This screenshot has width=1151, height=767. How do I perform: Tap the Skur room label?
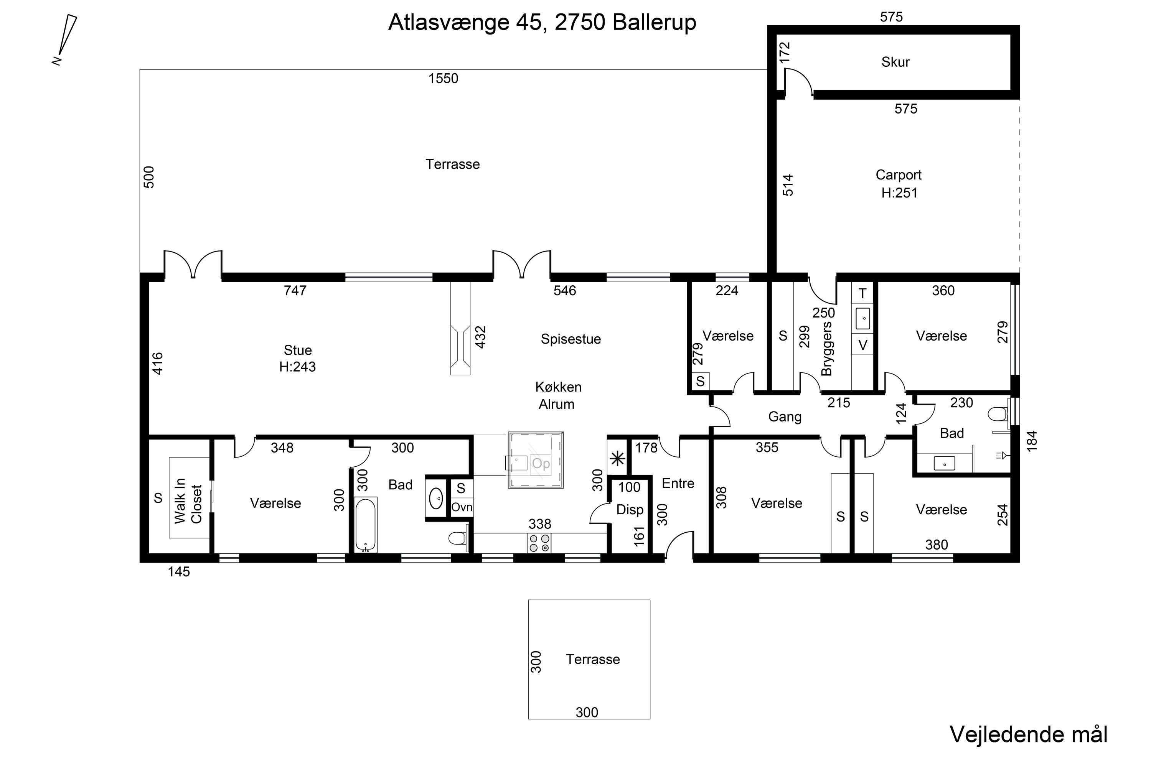pyautogui.click(x=895, y=62)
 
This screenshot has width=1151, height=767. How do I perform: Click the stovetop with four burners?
pyautogui.click(x=539, y=543)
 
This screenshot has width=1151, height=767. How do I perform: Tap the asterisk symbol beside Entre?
pyautogui.click(x=618, y=459)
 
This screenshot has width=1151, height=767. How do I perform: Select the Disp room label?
pyautogui.click(x=629, y=510)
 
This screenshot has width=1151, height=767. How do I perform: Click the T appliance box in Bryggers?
pyautogui.click(x=862, y=293)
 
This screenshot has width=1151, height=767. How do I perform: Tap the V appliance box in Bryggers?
pyautogui.click(x=862, y=345)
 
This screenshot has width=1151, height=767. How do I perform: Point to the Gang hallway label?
pyautogui.click(x=785, y=417)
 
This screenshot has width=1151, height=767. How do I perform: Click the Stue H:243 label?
pyautogui.click(x=298, y=359)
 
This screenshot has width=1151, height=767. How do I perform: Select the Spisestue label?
pyautogui.click(x=571, y=339)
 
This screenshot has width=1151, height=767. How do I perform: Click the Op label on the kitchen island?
pyautogui.click(x=541, y=463)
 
